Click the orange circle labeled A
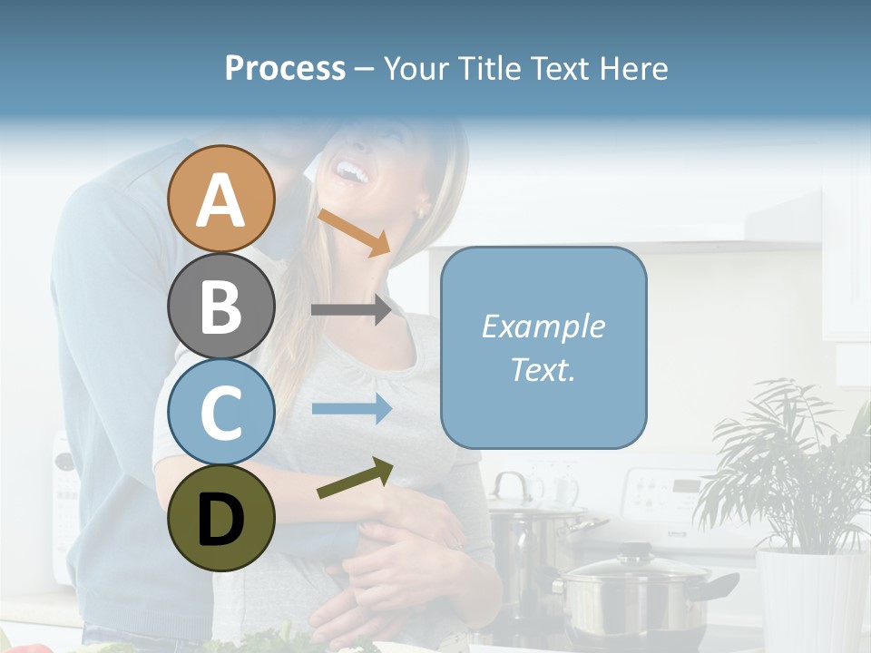tap(220, 200)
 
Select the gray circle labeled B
tap(220, 306)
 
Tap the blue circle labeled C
tap(220, 412)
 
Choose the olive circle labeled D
tap(220, 518)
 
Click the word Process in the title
tap(285, 69)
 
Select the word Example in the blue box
tap(543, 326)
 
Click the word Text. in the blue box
tap(543, 369)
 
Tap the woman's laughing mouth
tap(351, 170)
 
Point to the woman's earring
tap(419, 213)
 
